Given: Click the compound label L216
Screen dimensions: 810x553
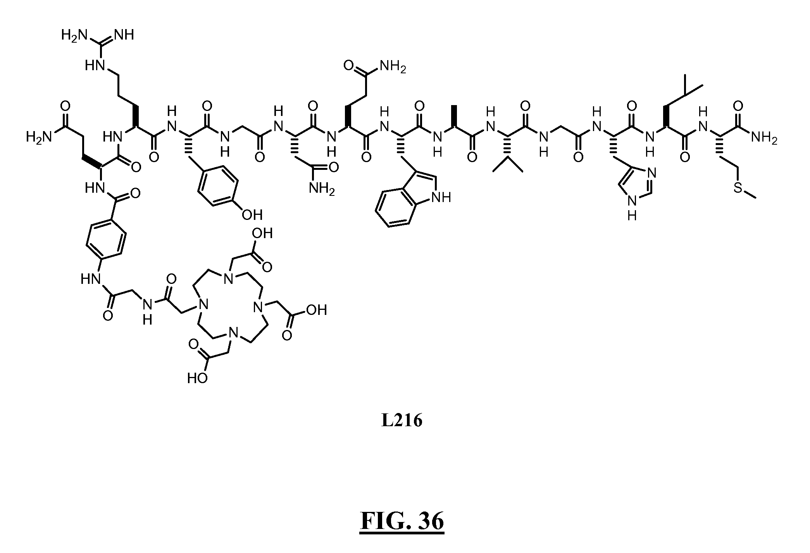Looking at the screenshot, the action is [x=402, y=421].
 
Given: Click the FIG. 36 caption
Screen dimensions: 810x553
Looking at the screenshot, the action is [x=402, y=521].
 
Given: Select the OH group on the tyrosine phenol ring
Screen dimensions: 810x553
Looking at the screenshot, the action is [x=252, y=214].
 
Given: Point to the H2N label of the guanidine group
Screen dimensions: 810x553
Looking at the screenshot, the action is [x=74, y=35].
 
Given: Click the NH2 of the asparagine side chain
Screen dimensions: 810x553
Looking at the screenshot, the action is [x=322, y=189].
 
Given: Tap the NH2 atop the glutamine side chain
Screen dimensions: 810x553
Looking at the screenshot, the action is [x=393, y=67].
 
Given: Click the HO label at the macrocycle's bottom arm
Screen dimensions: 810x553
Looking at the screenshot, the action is [x=197, y=378].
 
